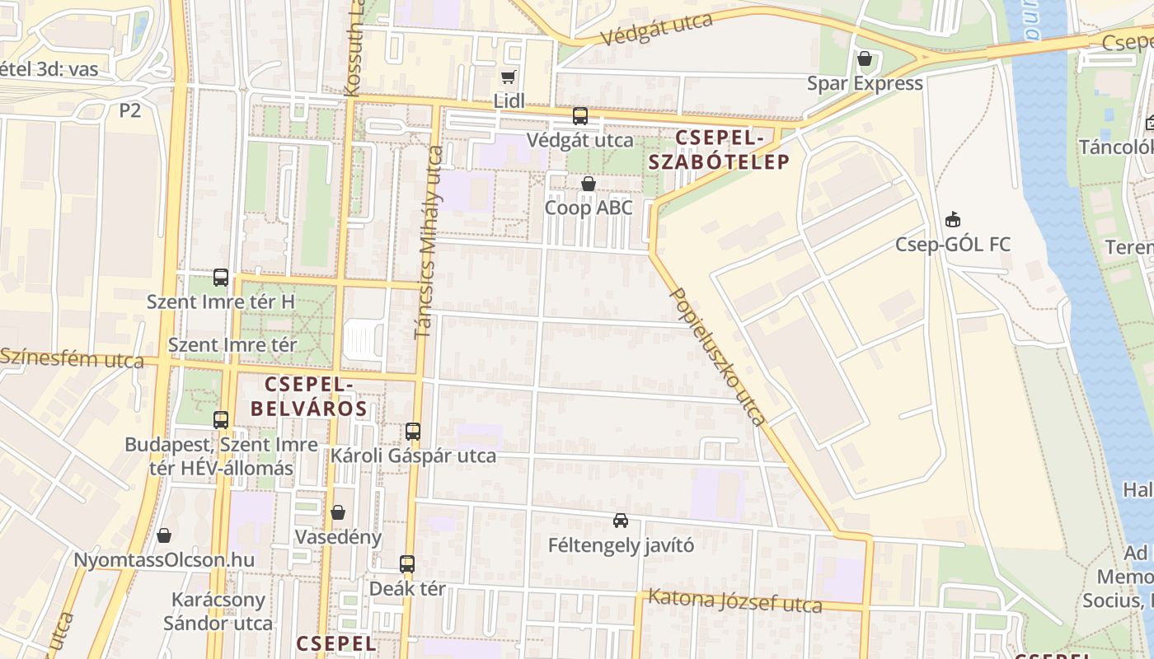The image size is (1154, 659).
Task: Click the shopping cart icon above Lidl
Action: (508, 77)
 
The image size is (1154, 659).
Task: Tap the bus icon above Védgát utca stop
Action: (580, 116)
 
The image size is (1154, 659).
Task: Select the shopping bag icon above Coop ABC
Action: (589, 184)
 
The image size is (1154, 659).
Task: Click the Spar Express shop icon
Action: (865, 59)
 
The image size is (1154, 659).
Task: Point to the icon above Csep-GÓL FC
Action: (953, 220)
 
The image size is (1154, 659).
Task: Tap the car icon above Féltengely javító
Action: (621, 521)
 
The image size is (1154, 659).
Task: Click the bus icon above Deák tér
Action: (407, 564)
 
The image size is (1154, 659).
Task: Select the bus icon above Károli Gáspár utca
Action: (413, 431)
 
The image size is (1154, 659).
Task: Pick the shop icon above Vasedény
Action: (338, 512)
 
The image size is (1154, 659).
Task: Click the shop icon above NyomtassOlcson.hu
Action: (164, 535)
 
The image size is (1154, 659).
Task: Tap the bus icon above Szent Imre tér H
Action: (221, 277)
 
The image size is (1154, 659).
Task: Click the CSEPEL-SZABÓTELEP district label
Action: (719, 149)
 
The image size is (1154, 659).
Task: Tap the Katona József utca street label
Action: (735, 601)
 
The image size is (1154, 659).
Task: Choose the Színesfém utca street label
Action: (72, 358)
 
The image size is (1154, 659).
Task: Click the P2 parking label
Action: (130, 110)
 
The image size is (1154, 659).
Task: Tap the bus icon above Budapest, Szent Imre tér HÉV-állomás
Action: (221, 420)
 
